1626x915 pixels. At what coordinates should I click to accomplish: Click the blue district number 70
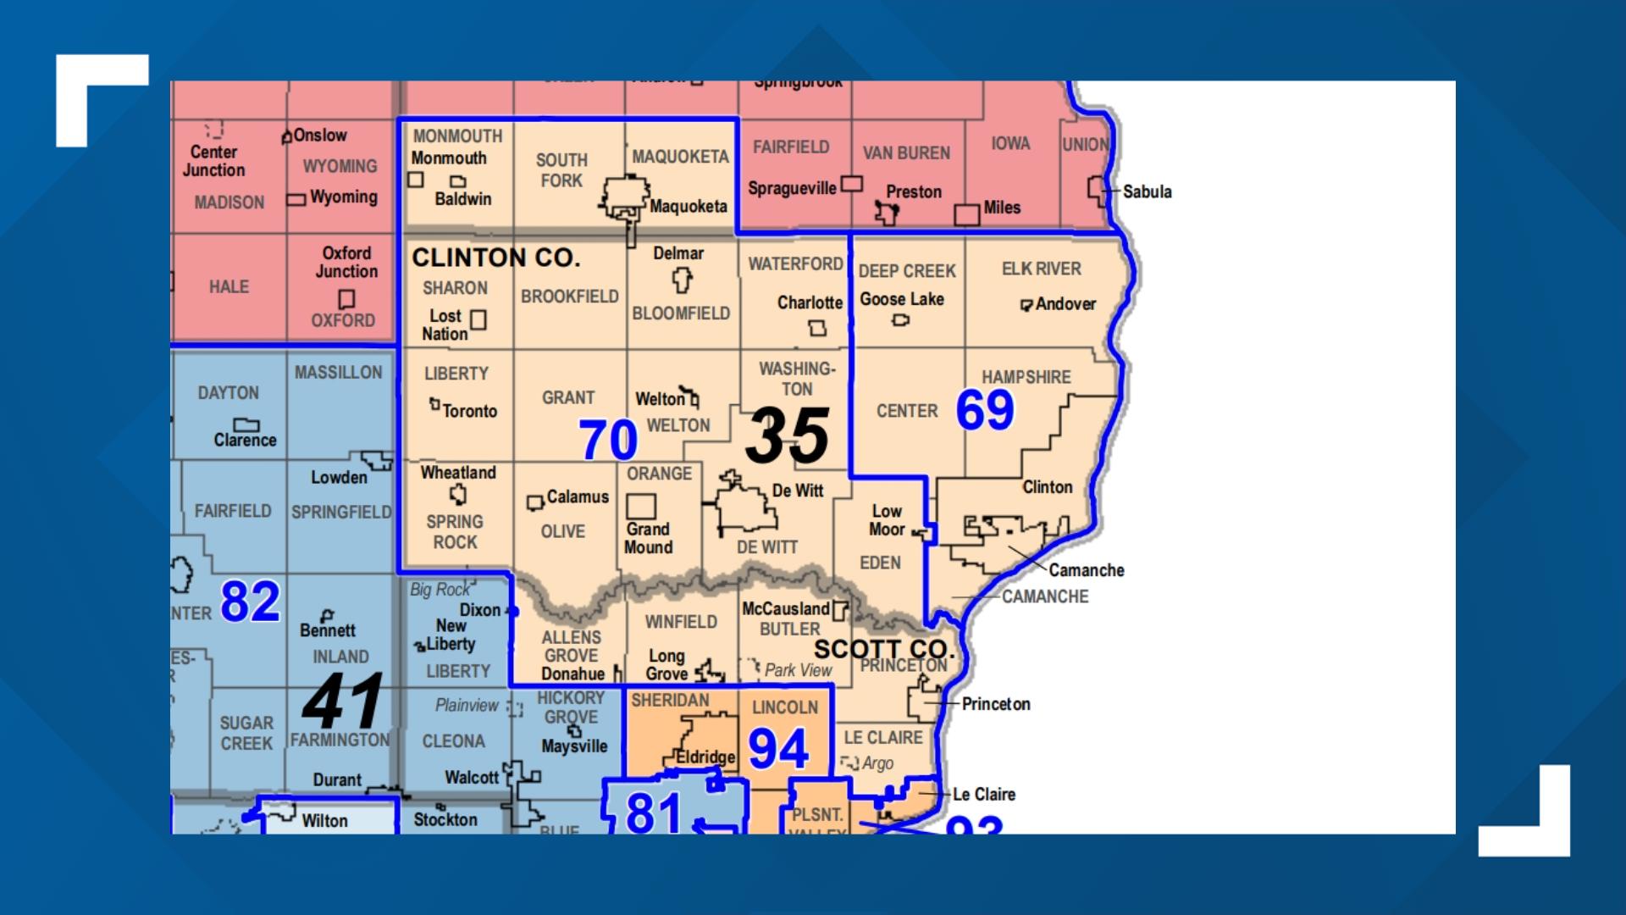tap(608, 440)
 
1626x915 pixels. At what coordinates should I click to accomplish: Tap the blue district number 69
tap(985, 410)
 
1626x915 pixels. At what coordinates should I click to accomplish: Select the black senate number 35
tap(787, 435)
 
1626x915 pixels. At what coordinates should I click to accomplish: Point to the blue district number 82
tap(250, 602)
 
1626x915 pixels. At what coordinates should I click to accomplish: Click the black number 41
tap(344, 701)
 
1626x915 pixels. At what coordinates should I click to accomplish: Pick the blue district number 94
tap(778, 749)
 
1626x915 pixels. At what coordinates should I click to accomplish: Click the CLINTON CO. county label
tap(495, 258)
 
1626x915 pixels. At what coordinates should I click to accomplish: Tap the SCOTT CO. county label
tap(884, 649)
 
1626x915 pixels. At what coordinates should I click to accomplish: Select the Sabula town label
tap(1148, 191)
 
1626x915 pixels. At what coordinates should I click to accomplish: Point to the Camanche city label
tap(1087, 570)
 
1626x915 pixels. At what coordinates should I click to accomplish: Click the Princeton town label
tap(996, 704)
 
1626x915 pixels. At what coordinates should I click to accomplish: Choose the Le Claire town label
tap(984, 795)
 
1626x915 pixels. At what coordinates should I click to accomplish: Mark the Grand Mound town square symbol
tap(641, 507)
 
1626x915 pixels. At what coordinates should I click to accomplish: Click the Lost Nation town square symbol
tap(478, 319)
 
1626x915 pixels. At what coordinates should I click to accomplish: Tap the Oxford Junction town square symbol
tap(346, 299)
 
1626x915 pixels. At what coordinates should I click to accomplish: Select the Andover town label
tap(1065, 303)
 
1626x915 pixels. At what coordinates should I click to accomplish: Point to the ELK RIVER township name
tap(1042, 269)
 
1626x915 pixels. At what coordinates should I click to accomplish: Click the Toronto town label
tap(469, 411)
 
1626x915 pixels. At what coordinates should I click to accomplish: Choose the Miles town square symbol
tap(966, 214)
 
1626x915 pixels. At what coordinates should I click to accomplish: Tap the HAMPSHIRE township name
tap(1026, 377)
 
